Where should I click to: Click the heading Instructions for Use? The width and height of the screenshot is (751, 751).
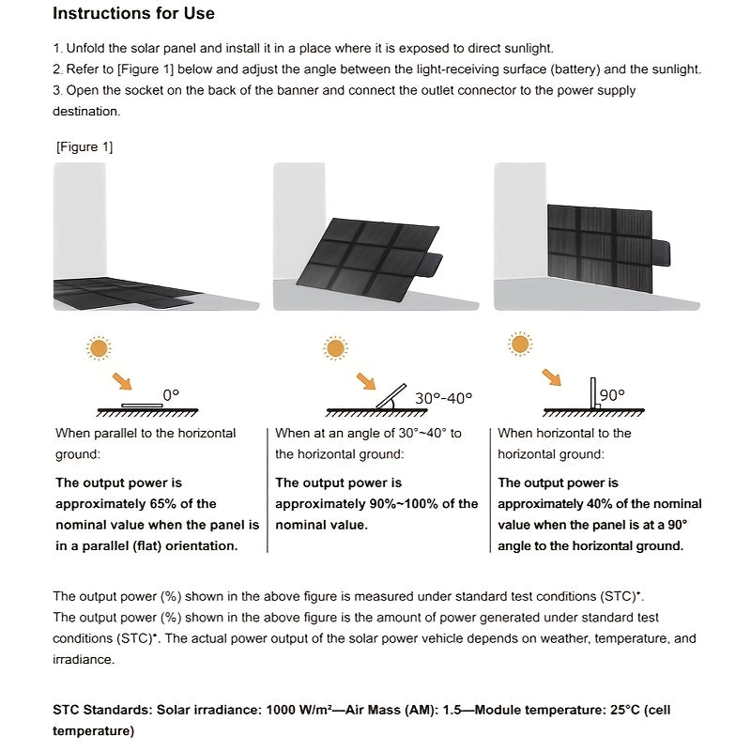[133, 13]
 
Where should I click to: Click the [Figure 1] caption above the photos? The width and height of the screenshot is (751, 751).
[84, 147]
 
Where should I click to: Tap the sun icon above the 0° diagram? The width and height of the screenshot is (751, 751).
[98, 348]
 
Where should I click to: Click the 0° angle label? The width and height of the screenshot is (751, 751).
[170, 396]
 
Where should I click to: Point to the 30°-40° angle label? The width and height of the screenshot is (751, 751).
[443, 397]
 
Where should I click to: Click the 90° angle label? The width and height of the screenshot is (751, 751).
[612, 395]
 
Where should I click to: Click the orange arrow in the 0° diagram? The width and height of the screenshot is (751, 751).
[121, 380]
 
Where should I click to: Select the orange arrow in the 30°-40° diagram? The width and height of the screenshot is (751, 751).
[364, 381]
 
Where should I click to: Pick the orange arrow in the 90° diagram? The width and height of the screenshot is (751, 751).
[551, 377]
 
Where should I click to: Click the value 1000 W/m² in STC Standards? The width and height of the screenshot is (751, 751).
[285, 710]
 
